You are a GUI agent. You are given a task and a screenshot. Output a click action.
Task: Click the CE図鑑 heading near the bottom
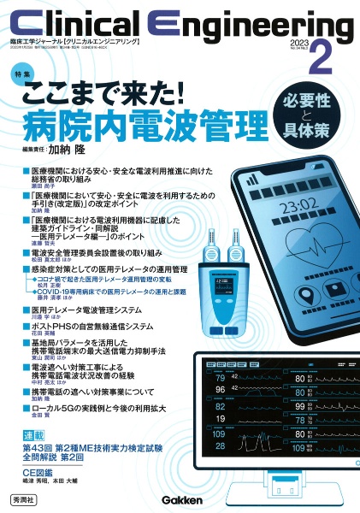(38, 472)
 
